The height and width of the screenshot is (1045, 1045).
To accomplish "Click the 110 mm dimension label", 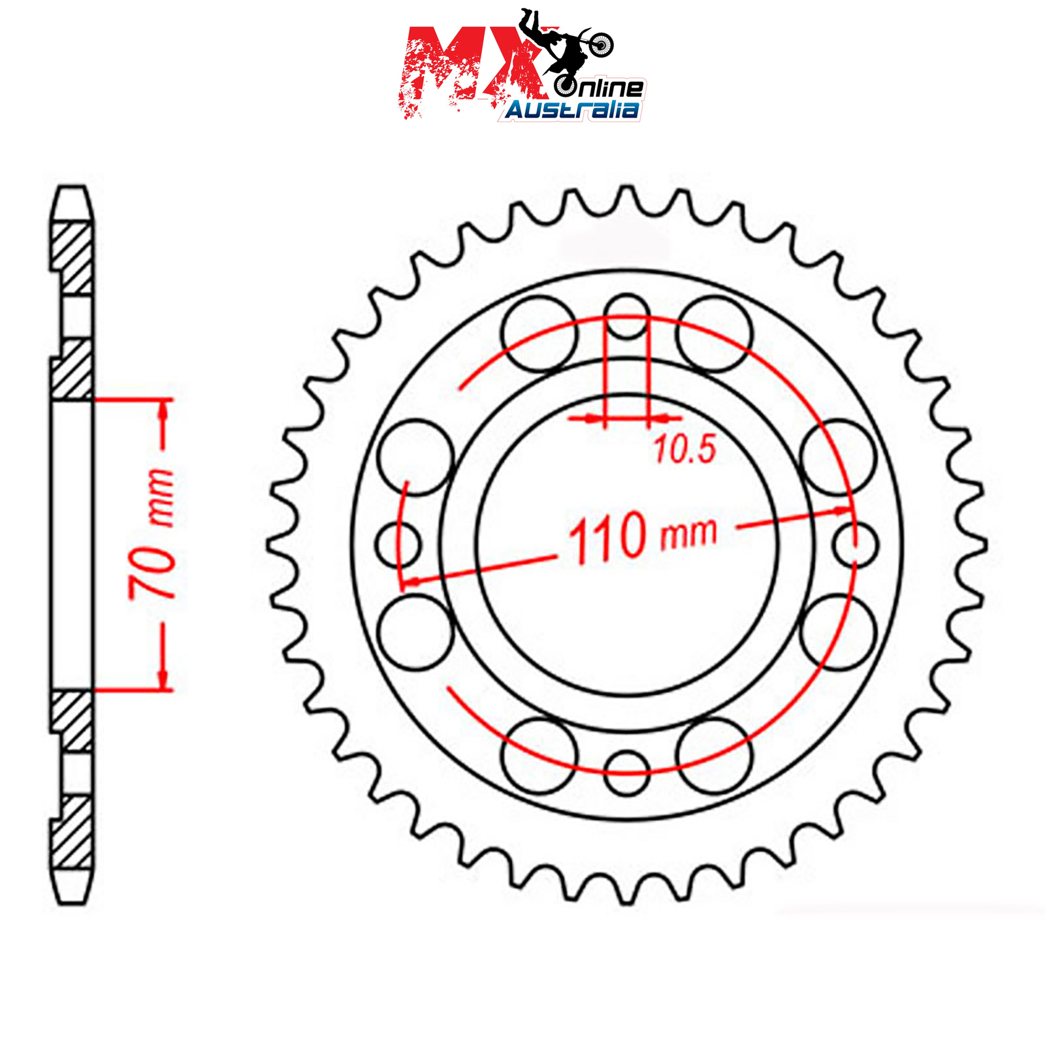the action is [643, 536].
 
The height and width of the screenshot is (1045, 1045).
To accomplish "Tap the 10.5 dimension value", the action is [685, 449].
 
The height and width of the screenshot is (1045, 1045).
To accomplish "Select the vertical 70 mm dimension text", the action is [152, 534].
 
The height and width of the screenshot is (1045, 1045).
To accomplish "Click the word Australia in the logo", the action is [572, 110].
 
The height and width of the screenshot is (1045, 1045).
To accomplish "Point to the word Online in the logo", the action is [600, 87].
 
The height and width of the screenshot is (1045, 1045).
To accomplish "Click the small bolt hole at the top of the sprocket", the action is [626, 316].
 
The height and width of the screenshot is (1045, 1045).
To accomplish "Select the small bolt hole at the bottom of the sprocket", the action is [626, 773].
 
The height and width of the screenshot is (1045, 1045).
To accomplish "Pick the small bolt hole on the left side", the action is [398, 544].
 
